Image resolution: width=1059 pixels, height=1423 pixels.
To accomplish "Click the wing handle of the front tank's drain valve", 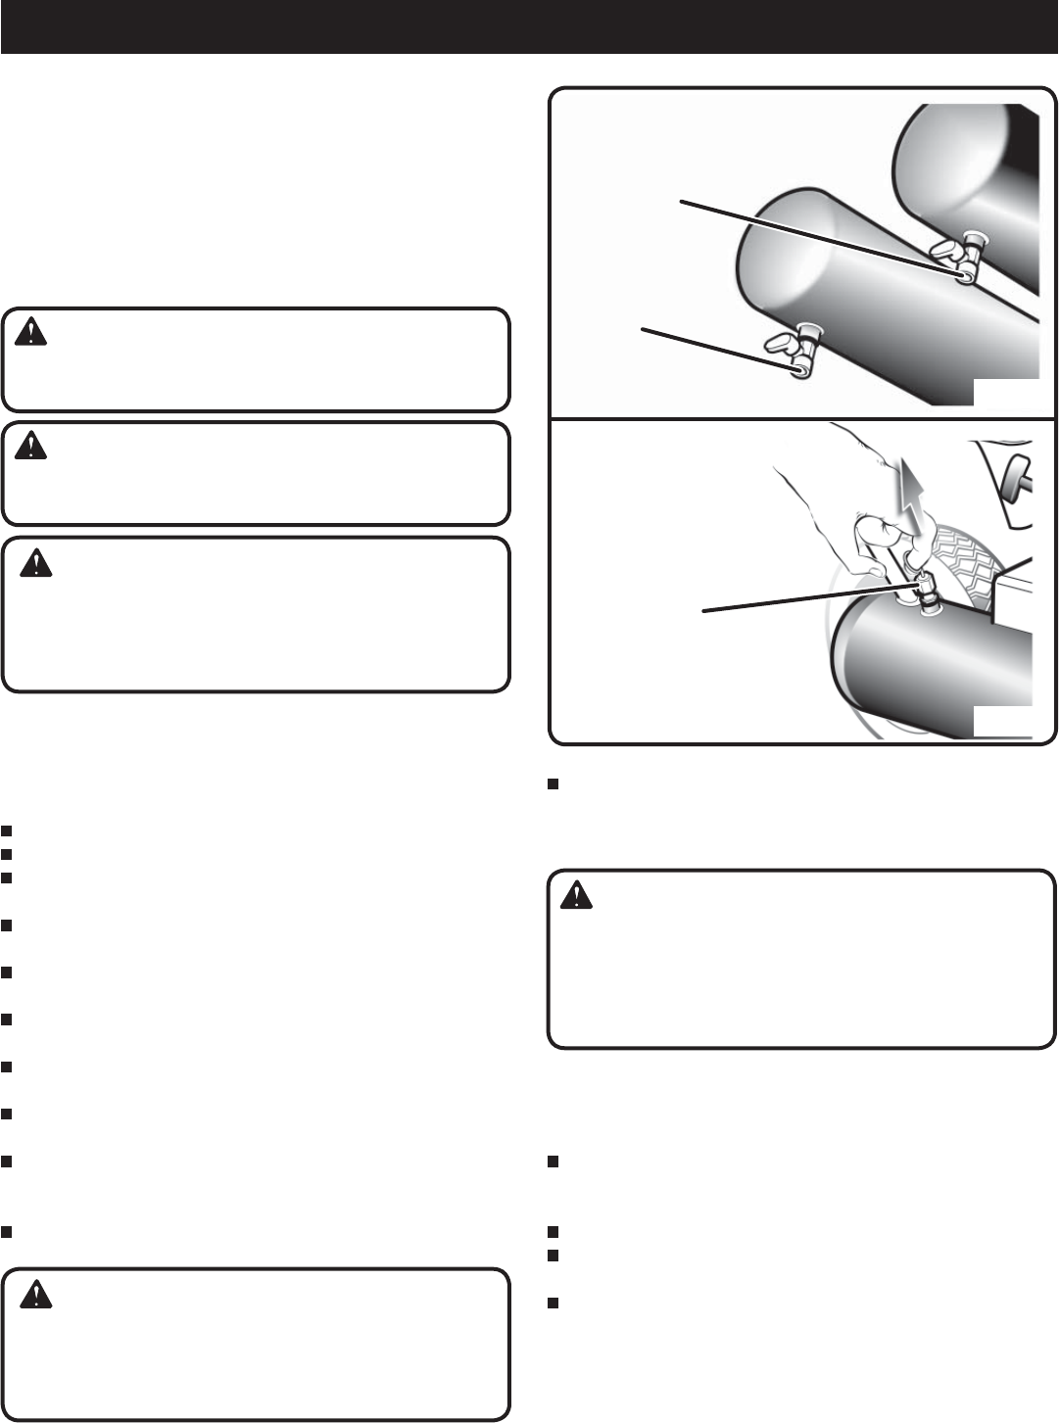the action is click(784, 344).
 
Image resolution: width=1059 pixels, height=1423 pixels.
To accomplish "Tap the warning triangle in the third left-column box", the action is click(36, 564).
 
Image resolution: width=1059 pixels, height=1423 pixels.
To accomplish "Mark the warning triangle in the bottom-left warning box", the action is click(36, 1296).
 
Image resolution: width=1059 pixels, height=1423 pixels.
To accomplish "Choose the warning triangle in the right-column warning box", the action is click(576, 896).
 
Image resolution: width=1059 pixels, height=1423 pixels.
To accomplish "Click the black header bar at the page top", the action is click(529, 26).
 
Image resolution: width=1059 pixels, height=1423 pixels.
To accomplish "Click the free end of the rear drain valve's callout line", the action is click(682, 202).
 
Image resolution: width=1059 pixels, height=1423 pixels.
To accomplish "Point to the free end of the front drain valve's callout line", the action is click(643, 329).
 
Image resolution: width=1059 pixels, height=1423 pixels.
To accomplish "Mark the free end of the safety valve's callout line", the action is click(704, 612).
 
